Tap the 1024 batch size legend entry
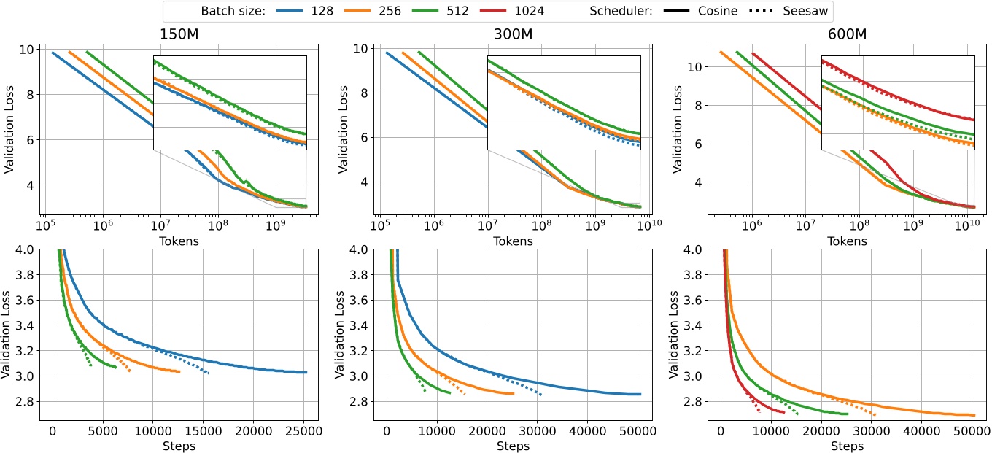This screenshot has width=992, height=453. point(516,11)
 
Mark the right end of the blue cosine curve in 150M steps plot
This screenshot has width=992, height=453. point(307,372)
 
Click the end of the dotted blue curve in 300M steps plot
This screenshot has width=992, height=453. point(541,395)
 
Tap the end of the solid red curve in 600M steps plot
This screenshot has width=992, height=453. point(783,412)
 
